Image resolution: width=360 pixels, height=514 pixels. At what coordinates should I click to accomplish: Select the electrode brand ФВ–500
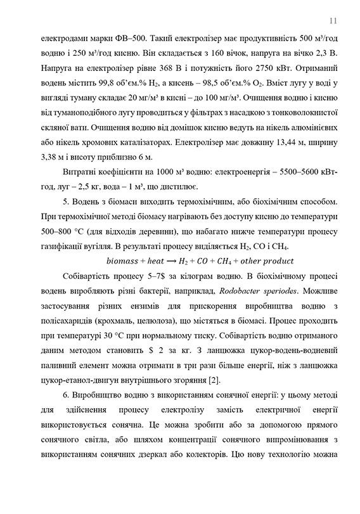pyautogui.click(x=99, y=37)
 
